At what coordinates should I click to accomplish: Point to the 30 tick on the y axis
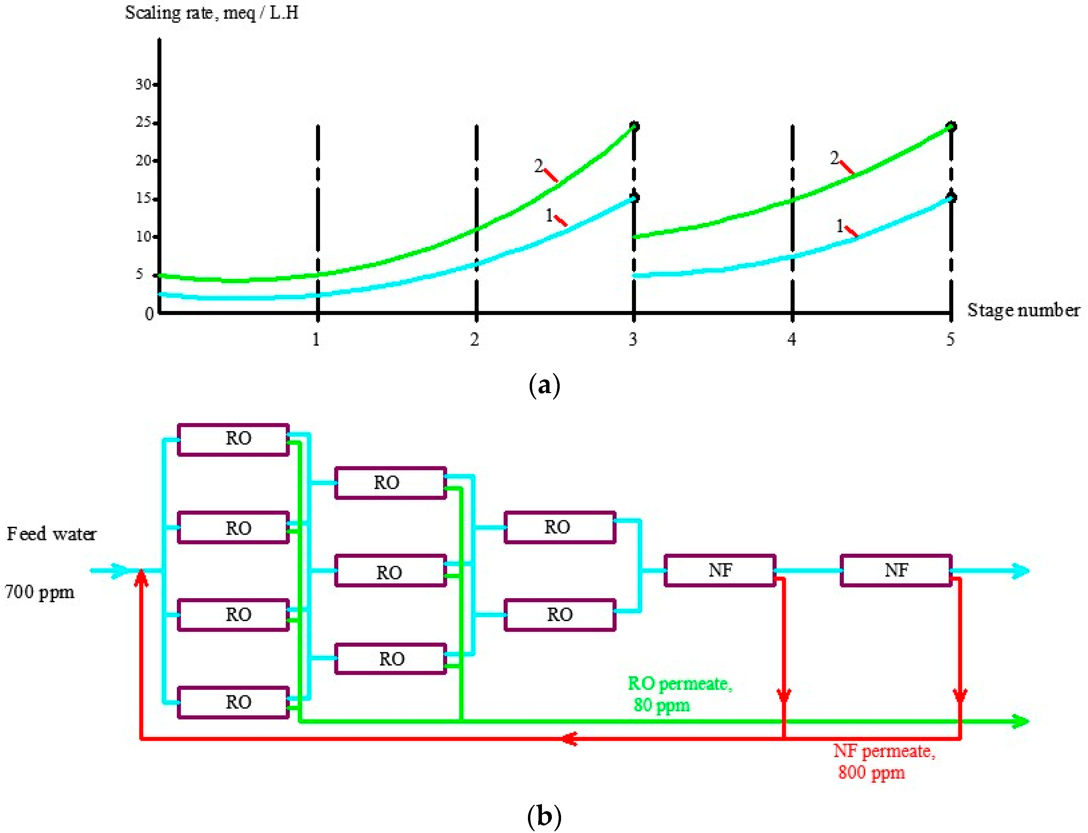(144, 85)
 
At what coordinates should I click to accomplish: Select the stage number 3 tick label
(633, 340)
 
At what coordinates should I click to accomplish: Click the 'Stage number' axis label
(1023, 310)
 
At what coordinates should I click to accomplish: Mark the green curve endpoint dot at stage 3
(634, 126)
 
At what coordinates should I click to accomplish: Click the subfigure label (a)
(544, 385)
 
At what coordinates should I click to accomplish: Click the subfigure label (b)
(544, 815)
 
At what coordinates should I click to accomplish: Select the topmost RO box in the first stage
(233, 439)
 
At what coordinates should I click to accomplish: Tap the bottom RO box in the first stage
(233, 702)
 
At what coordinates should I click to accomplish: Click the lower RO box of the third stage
(560, 615)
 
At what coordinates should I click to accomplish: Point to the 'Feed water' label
(52, 534)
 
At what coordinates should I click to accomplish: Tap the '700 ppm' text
(40, 592)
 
